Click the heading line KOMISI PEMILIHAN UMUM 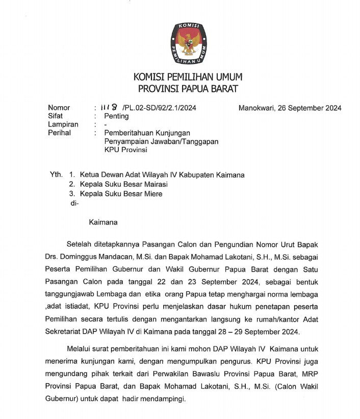(188, 78)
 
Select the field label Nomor (59, 108)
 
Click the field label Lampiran (63, 125)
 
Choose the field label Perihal (59, 133)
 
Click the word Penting (116, 116)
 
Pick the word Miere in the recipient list (152, 193)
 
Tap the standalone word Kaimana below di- (103, 222)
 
